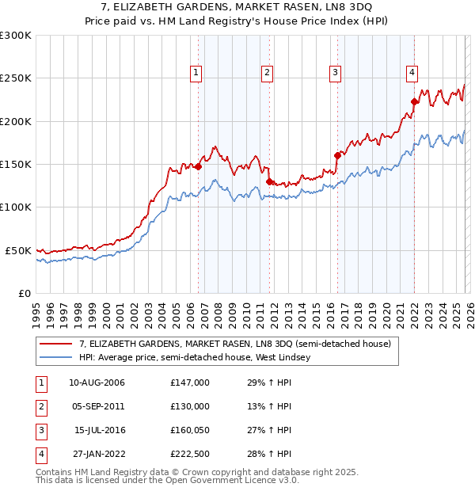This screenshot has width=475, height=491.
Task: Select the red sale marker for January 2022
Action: [x=414, y=101]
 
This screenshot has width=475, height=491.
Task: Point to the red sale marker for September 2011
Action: [x=269, y=181]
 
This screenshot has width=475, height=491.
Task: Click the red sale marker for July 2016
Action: [x=337, y=155]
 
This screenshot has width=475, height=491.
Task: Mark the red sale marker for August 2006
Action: [x=198, y=166]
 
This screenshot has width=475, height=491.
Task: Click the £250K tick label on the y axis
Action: [x=16, y=78]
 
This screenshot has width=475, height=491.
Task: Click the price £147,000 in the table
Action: [x=190, y=383]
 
